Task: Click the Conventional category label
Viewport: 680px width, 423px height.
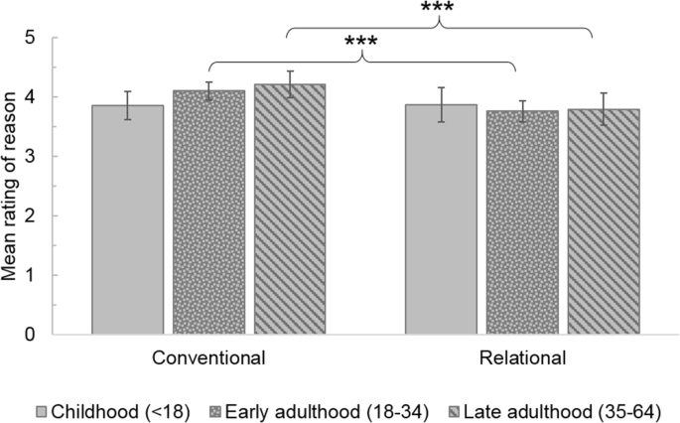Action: (x=208, y=357)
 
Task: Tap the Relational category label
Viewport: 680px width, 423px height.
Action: (x=522, y=357)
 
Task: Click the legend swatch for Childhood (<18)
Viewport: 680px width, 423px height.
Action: (x=42, y=410)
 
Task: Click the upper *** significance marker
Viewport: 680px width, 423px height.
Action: (x=439, y=9)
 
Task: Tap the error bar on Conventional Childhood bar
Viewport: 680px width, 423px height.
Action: (x=127, y=105)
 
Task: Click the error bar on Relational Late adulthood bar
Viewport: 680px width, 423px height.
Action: (x=603, y=108)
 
